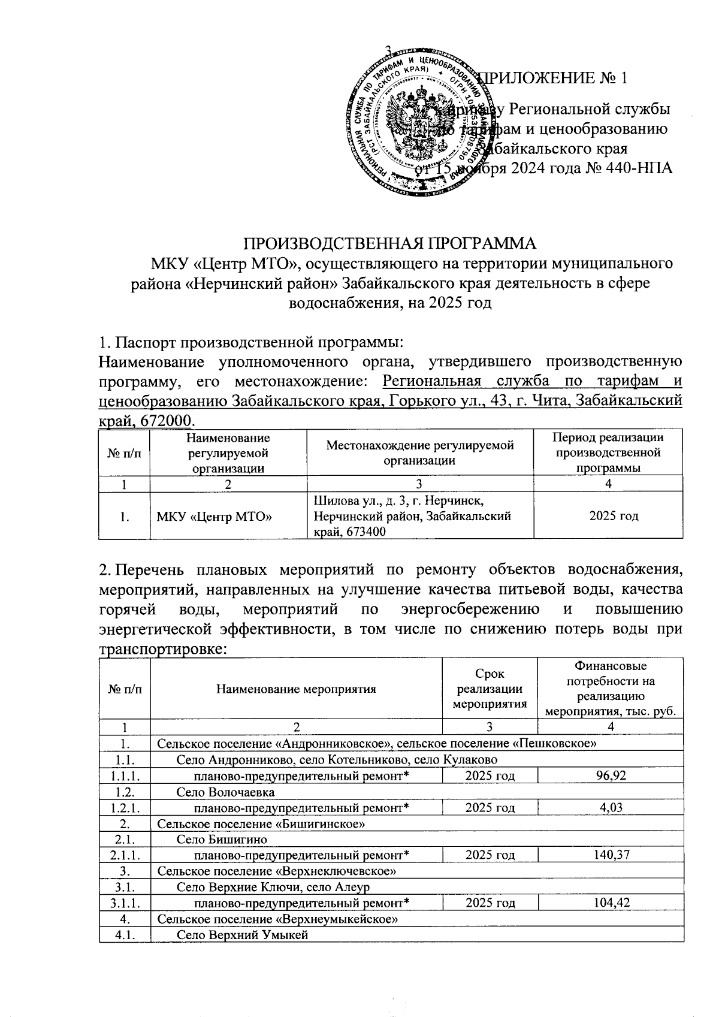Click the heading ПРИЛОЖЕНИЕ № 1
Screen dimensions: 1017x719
(x=555, y=79)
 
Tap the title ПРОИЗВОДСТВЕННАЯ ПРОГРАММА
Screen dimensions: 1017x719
(x=389, y=244)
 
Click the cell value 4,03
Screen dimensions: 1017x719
(x=611, y=808)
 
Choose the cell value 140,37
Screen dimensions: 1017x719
(x=611, y=855)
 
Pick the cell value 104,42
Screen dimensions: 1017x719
(x=611, y=903)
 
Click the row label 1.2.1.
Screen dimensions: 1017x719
(x=124, y=808)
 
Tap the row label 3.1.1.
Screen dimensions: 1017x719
(x=124, y=903)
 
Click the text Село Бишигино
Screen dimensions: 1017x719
(x=222, y=840)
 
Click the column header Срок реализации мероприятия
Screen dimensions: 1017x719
(x=490, y=689)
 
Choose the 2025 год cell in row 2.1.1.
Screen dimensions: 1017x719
(x=490, y=855)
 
